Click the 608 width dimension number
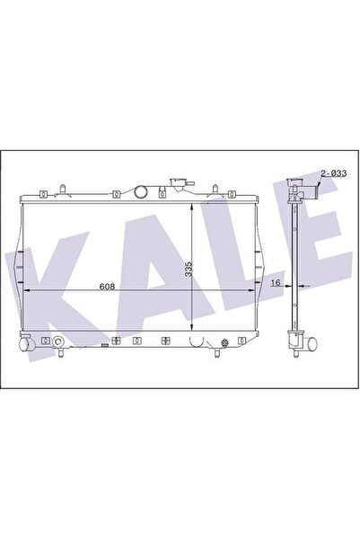(107, 287)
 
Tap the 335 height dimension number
(189, 269)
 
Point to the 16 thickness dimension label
(276, 283)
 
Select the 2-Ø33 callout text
(333, 173)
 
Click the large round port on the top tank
(141, 191)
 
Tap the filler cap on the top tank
(179, 183)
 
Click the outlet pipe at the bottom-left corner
(25, 344)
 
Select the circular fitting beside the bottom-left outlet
(58, 342)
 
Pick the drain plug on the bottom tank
(224, 343)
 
